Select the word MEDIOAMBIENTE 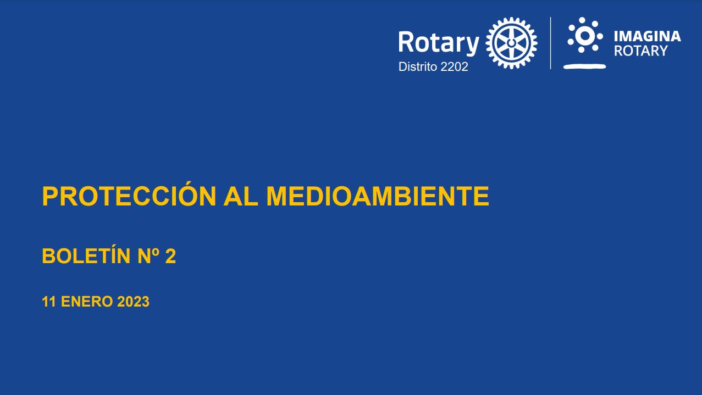tap(378, 196)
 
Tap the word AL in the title tap(241, 196)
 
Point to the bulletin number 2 tap(170, 256)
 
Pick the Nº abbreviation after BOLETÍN tap(148, 256)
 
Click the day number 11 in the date tap(48, 302)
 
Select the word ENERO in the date tap(87, 302)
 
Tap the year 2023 tap(133, 302)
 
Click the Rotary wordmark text tap(439, 43)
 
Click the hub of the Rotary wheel tap(511, 42)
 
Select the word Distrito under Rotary tap(418, 66)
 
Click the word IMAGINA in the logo tap(647, 36)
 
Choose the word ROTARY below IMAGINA tap(640, 51)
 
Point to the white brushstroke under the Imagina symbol tap(584, 66)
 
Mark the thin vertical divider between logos tap(551, 43)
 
